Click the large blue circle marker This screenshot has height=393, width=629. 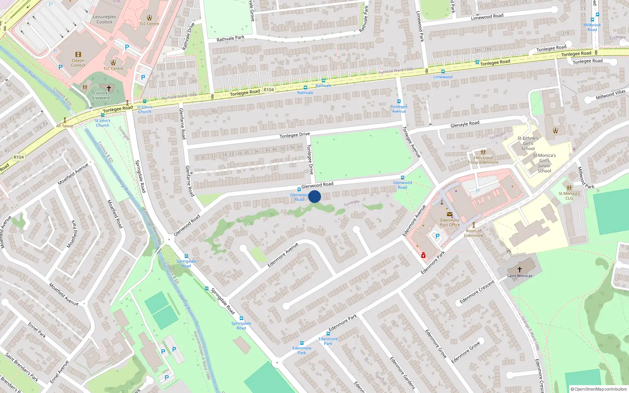pos(314,196)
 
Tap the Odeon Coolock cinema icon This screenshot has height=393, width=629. pos(78,55)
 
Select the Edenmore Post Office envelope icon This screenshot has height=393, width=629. pos(449,214)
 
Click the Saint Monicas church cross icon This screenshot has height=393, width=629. pos(519,270)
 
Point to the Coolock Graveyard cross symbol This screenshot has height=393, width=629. pos(109,88)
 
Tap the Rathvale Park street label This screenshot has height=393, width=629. pos(230,39)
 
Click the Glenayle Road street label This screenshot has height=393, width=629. pos(465,124)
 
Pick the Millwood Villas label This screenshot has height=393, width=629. pos(611,95)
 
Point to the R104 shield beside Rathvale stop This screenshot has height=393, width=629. pos(269,90)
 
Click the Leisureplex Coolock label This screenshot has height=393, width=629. pos(105,19)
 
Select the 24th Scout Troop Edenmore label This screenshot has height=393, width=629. pos(483,160)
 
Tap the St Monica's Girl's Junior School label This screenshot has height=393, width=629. pos(544,163)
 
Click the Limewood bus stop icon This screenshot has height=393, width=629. pos(443,72)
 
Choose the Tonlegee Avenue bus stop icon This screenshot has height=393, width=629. pos(399,101)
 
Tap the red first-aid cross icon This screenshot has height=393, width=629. pos(423,255)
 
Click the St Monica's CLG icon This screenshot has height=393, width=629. pos(569,188)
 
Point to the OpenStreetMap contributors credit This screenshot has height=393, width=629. pos(598,389)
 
